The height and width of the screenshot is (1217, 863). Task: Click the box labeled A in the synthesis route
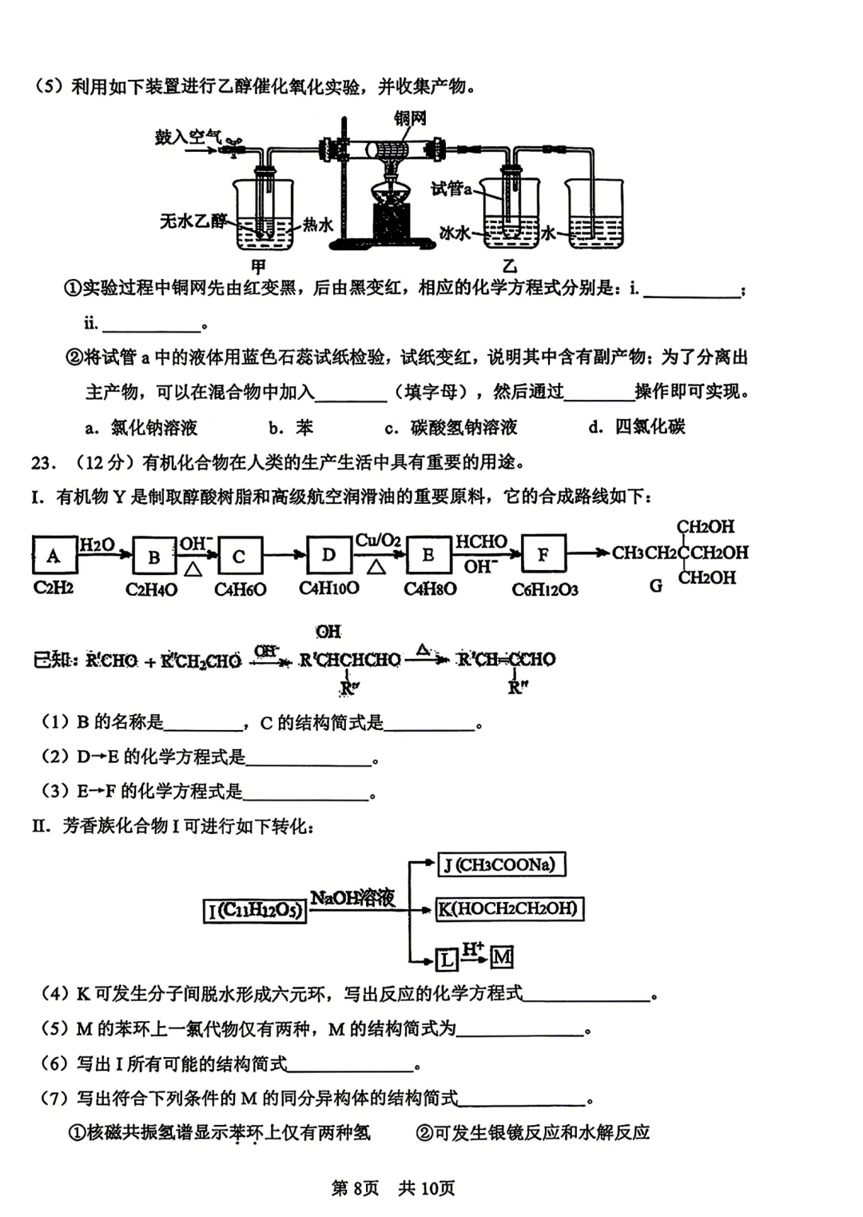53,555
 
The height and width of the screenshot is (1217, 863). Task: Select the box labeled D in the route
328,554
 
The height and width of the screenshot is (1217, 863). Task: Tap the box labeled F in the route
543,554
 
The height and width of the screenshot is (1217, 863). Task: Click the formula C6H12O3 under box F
544,590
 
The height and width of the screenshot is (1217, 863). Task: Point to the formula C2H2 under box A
53,589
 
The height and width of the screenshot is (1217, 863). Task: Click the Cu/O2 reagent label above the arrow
377,541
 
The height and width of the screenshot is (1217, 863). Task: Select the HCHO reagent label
481,541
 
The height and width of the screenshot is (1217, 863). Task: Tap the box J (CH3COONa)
503,864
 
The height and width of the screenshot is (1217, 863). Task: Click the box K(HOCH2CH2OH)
509,909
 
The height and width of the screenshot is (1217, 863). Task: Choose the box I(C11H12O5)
256,910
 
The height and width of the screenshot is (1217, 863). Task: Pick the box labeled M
502,957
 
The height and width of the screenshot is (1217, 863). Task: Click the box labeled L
447,959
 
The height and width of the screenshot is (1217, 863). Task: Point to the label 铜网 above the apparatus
410,118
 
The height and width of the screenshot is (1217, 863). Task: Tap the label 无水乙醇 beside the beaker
193,221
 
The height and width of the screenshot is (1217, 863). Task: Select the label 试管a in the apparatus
451,189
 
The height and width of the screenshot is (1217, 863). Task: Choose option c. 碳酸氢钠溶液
451,428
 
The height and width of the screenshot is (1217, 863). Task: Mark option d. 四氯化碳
637,427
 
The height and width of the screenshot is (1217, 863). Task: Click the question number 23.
43,463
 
